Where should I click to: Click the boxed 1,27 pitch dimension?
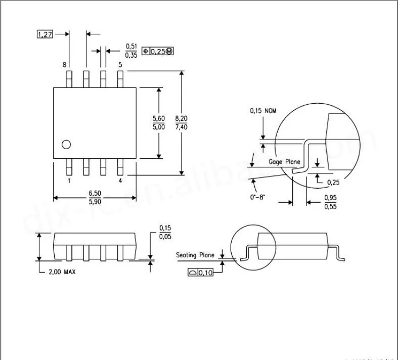(45, 34)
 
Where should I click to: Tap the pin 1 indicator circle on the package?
(66, 145)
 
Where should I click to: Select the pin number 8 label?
(64, 65)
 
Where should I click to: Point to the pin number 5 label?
(120, 65)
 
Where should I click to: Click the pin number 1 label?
(69, 181)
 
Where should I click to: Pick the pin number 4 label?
(120, 181)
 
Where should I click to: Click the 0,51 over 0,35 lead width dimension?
(131, 51)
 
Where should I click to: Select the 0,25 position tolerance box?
(158, 51)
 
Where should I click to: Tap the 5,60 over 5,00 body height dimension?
(159, 123)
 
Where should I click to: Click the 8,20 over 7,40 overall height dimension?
(182, 123)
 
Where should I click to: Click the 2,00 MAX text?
(62, 272)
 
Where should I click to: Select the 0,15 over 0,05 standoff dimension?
(165, 232)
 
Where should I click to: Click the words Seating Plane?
(195, 255)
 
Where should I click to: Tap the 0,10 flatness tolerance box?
(200, 273)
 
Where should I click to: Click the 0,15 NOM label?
(263, 111)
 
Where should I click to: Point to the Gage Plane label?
(284, 162)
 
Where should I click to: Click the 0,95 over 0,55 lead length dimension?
(330, 202)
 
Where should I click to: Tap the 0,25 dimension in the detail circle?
(333, 182)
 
